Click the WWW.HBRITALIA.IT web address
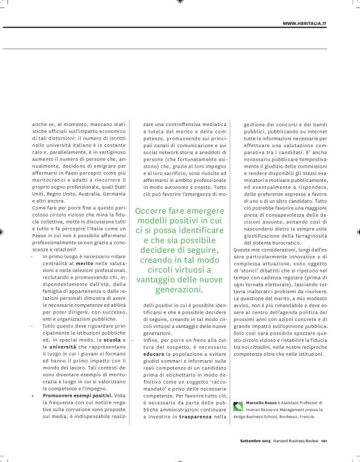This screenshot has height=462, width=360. [305, 23]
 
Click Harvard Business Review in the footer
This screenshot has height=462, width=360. [297, 442]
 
